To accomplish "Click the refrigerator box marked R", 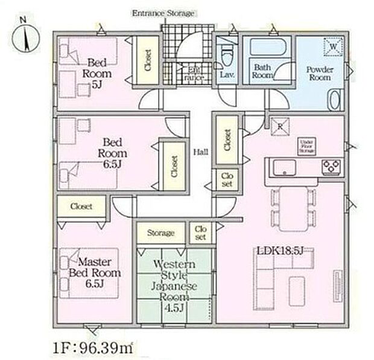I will click(x=280, y=126).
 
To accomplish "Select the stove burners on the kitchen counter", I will click(x=331, y=166).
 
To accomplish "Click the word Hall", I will click(x=201, y=152).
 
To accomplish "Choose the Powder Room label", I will click(x=320, y=73).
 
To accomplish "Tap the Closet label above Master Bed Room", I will click(x=81, y=206).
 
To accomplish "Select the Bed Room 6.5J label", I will click(x=112, y=152).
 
